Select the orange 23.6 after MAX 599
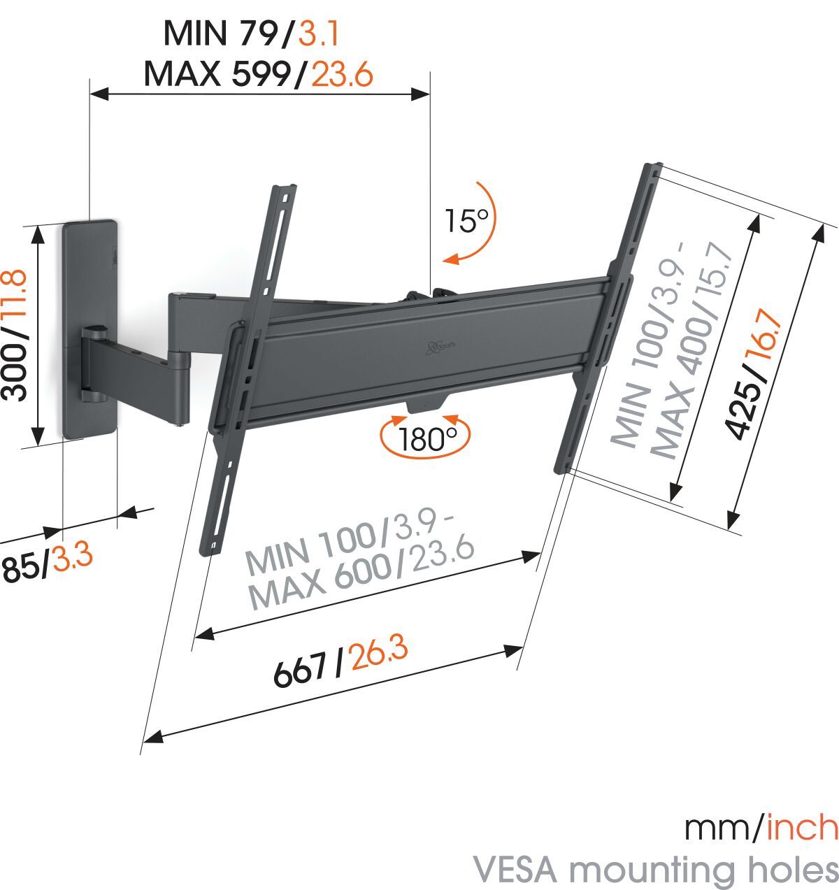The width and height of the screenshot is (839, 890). [342, 73]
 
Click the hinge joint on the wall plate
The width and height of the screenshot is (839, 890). [93, 363]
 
